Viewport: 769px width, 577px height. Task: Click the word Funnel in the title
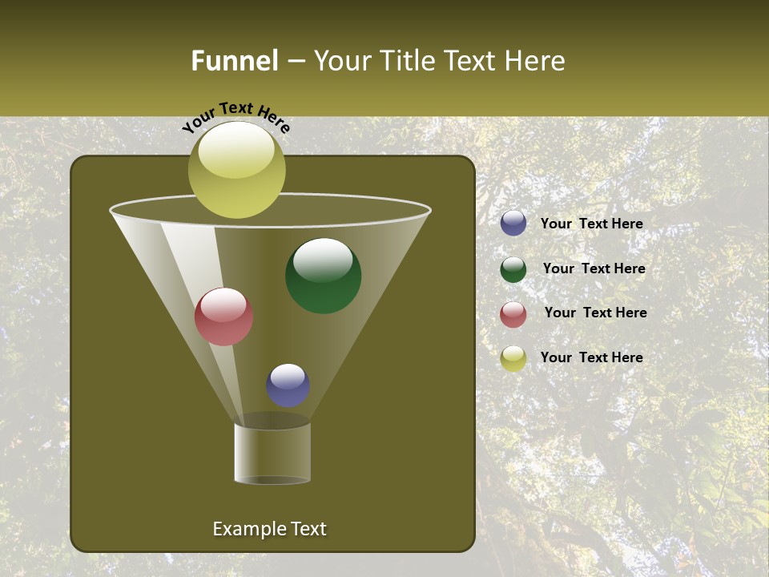pos(234,61)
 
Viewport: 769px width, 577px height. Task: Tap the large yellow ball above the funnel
pos(236,170)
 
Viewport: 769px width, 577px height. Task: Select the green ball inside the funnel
pos(323,276)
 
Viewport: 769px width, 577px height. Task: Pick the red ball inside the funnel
pos(223,317)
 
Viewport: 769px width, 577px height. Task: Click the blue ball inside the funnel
pos(288,385)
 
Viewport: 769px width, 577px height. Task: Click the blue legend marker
pos(513,223)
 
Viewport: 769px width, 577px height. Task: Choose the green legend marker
pos(513,269)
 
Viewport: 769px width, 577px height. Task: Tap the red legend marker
pos(513,314)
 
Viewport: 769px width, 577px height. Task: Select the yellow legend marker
pos(513,358)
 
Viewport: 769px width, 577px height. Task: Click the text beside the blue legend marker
pos(591,224)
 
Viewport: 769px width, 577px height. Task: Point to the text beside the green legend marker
pos(594,268)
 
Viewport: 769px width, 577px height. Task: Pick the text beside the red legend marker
pos(595,313)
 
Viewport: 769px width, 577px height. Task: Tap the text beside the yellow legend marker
pos(591,357)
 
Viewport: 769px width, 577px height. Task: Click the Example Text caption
pos(269,529)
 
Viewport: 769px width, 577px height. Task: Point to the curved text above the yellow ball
pos(236,115)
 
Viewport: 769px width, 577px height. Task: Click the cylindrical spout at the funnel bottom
pos(272,453)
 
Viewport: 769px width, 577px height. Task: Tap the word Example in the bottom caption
pos(244,529)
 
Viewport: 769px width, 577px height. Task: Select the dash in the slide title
pos(295,62)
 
